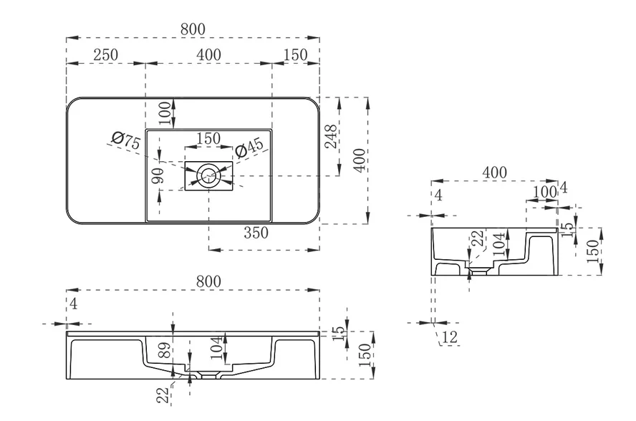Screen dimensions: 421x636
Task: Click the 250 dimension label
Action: [105, 54]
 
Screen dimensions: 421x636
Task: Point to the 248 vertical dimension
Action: [331, 136]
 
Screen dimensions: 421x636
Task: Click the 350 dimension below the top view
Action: [255, 232]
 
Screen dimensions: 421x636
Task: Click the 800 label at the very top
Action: [193, 29]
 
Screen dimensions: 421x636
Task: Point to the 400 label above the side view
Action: [494, 172]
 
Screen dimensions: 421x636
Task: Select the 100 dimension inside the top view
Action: [165, 112]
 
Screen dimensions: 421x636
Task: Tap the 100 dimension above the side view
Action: [546, 191]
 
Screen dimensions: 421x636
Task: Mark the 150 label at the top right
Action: [295, 54]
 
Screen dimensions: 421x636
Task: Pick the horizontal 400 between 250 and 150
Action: [208, 54]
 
